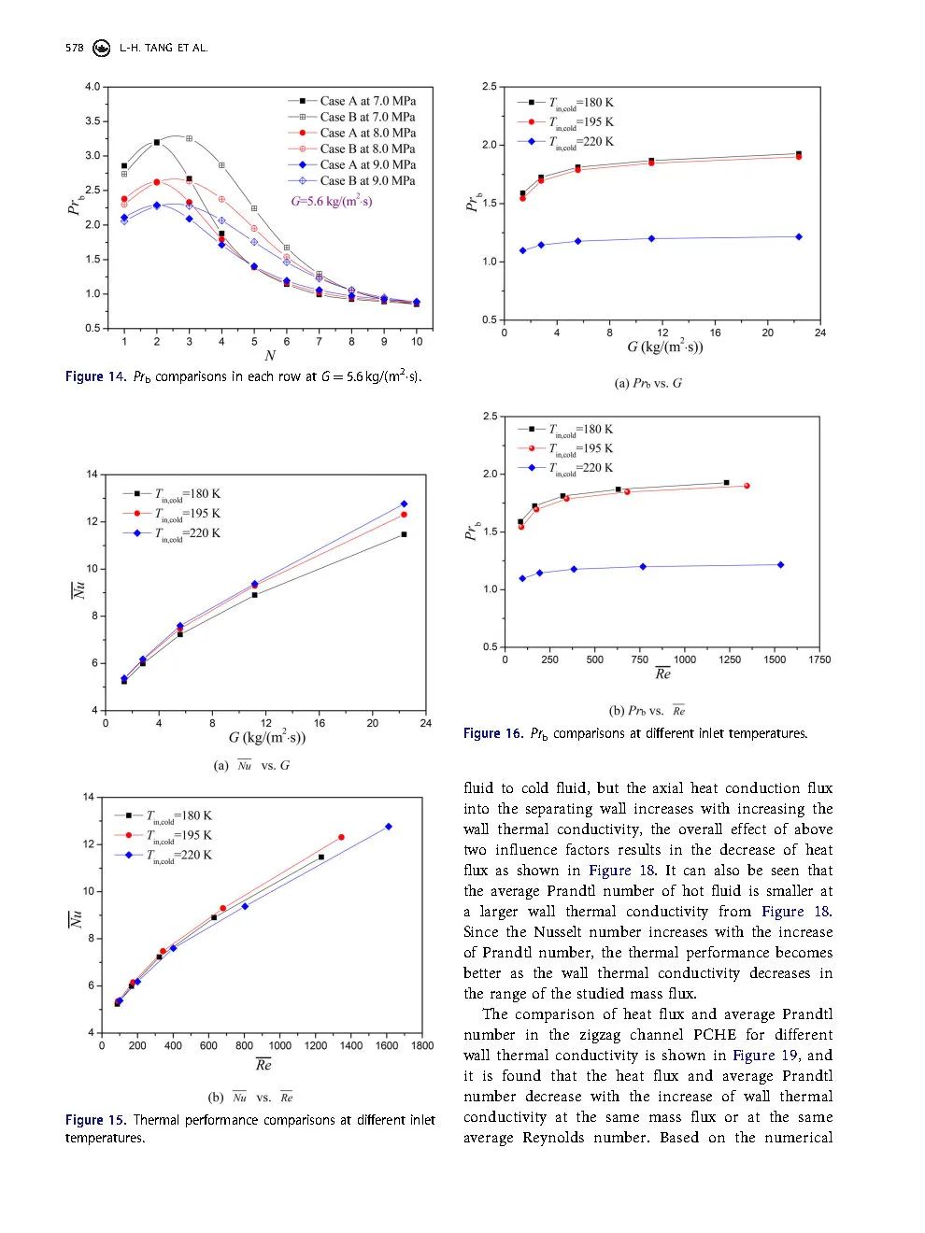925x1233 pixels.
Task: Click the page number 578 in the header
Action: coord(74,48)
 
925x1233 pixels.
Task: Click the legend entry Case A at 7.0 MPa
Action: coord(367,101)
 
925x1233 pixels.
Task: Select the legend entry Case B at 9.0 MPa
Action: coord(367,180)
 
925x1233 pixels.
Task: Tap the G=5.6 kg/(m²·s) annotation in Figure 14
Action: coord(332,202)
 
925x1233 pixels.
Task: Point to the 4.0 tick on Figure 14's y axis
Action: coord(92,87)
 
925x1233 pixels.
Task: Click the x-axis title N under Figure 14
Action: coord(270,356)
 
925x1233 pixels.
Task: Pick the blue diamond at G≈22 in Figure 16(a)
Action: coord(799,237)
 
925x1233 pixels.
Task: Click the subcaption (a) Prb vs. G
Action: coord(647,383)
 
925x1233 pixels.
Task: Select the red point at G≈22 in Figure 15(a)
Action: coord(404,515)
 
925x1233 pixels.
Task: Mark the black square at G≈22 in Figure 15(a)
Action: coord(404,534)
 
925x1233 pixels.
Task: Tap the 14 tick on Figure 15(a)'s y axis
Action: coord(92,475)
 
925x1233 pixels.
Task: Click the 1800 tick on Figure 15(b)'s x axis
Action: coord(422,1046)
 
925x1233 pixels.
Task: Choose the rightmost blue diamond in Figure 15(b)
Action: coord(389,827)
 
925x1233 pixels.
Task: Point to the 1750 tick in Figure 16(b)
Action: coord(819,659)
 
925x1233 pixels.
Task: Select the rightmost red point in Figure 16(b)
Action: coord(747,486)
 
